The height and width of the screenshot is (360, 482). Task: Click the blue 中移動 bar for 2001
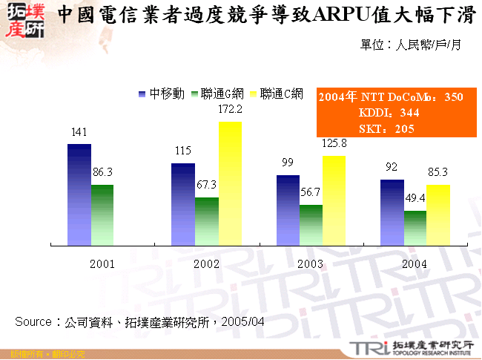point(79,194)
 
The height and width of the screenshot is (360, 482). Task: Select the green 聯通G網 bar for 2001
point(102,215)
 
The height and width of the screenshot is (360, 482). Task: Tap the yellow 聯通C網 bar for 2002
point(230,183)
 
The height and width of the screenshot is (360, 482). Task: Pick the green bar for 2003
point(311,224)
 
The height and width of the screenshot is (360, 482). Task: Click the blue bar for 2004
point(392,212)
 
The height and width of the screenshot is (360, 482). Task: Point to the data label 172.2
point(231,109)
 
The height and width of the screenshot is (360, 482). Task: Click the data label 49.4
point(416,198)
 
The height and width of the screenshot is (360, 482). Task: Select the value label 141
point(79,132)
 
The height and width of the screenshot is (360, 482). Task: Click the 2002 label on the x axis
point(205,264)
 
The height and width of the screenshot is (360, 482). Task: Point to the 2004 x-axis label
point(414,264)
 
